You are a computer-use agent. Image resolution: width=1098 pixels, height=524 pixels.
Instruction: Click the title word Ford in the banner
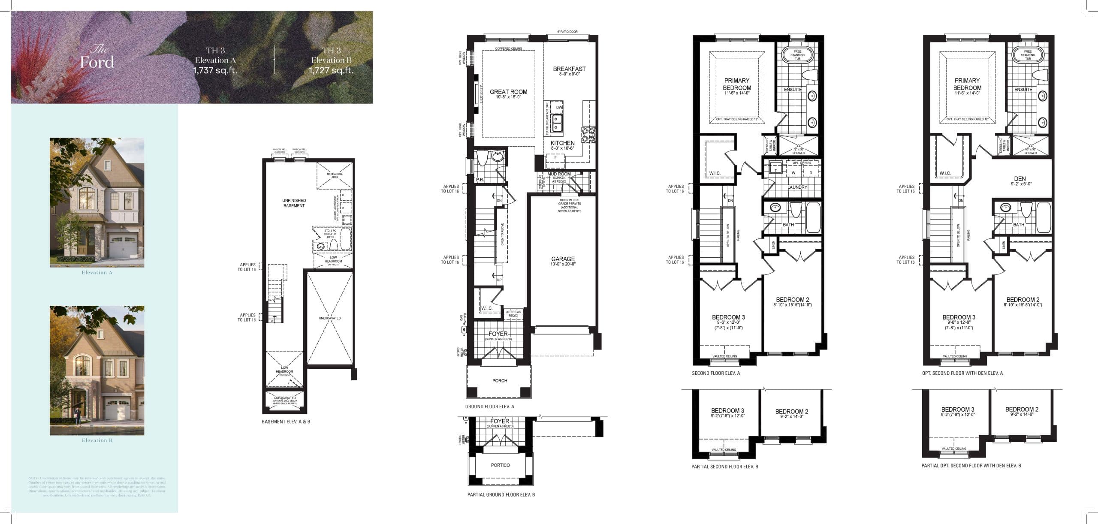(97, 63)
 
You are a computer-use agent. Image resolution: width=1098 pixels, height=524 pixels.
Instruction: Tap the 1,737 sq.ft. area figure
(215, 70)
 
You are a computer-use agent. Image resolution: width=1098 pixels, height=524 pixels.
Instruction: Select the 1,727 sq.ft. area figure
(331, 70)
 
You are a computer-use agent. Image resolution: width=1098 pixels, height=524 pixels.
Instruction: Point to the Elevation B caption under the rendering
(97, 440)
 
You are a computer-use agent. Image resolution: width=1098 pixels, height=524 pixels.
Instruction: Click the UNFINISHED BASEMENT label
(294, 203)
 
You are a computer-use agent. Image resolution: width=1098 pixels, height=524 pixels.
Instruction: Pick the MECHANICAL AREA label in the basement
(335, 175)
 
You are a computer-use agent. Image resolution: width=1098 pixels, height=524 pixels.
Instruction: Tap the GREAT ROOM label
(508, 92)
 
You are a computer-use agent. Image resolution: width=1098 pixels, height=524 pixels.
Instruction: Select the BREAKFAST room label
(569, 69)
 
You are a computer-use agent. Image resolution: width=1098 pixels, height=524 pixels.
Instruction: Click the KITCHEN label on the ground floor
(562, 143)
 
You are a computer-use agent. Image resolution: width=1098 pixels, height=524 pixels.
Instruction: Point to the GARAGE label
(563, 259)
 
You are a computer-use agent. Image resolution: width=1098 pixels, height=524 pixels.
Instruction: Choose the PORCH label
(500, 381)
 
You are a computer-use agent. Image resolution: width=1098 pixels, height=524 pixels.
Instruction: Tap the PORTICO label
(500, 465)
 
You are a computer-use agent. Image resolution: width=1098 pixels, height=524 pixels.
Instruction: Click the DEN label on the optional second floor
(1020, 179)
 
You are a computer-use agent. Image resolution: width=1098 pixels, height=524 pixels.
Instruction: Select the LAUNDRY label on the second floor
(797, 187)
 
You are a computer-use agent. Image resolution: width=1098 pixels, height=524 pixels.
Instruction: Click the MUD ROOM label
(559, 174)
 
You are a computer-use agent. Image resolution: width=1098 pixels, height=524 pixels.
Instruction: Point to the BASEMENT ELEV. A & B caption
(286, 422)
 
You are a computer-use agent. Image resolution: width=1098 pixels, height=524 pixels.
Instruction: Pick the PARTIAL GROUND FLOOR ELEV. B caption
(501, 495)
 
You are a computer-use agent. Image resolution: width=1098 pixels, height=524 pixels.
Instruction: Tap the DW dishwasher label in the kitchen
(559, 107)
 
